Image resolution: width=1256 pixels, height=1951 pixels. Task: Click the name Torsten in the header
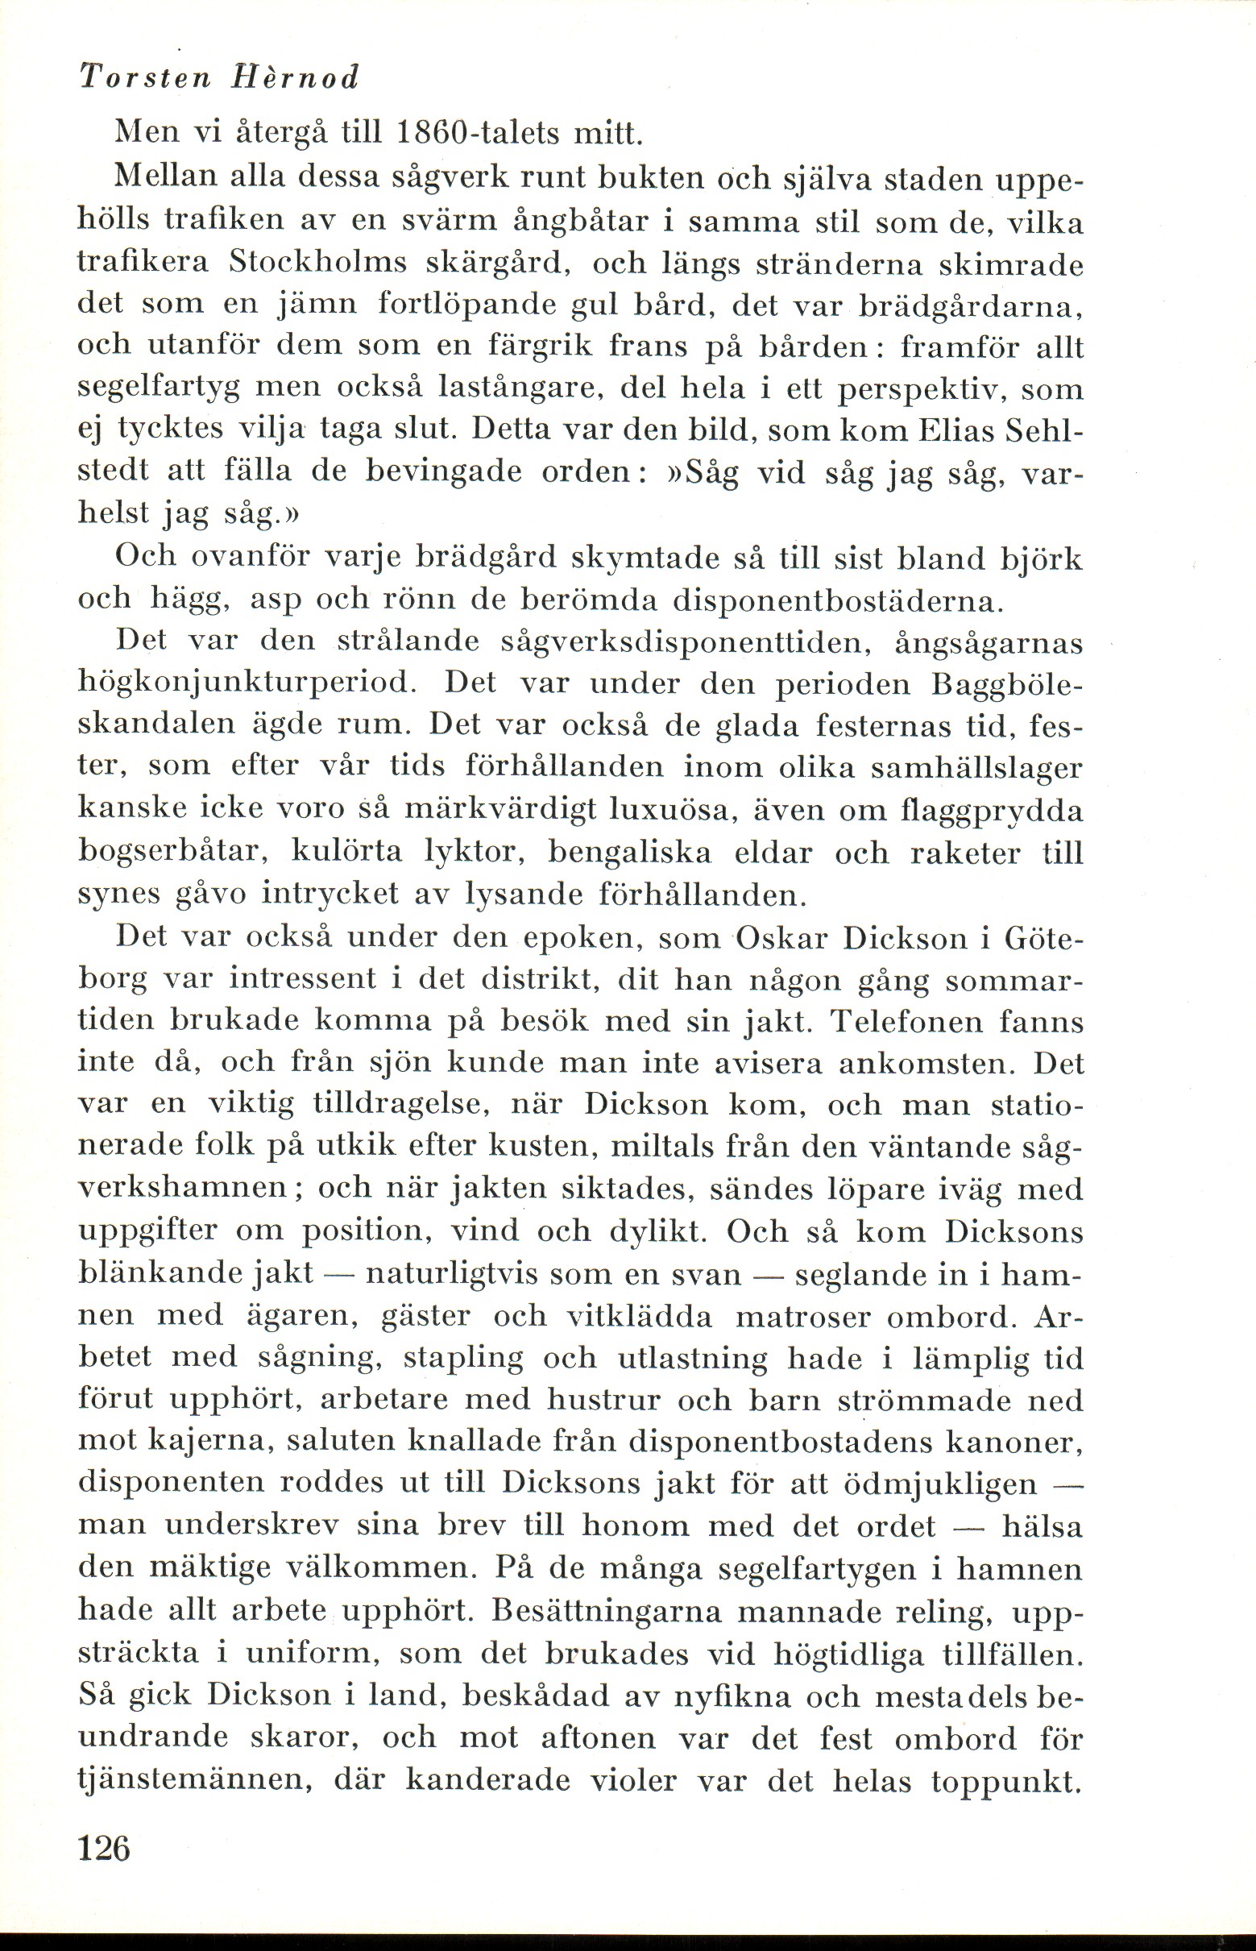click(x=143, y=77)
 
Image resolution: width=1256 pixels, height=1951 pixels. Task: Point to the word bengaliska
click(x=629, y=853)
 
